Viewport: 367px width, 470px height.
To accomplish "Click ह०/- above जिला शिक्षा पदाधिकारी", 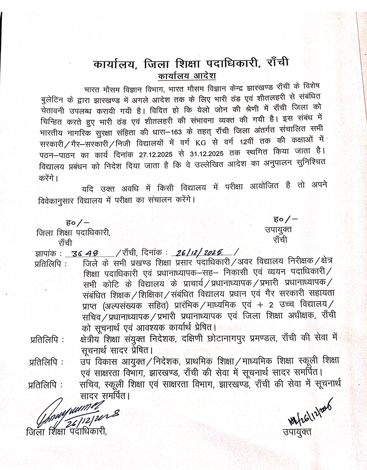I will pos(78,223).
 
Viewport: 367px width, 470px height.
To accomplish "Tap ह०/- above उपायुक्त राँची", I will pos(286,219).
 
